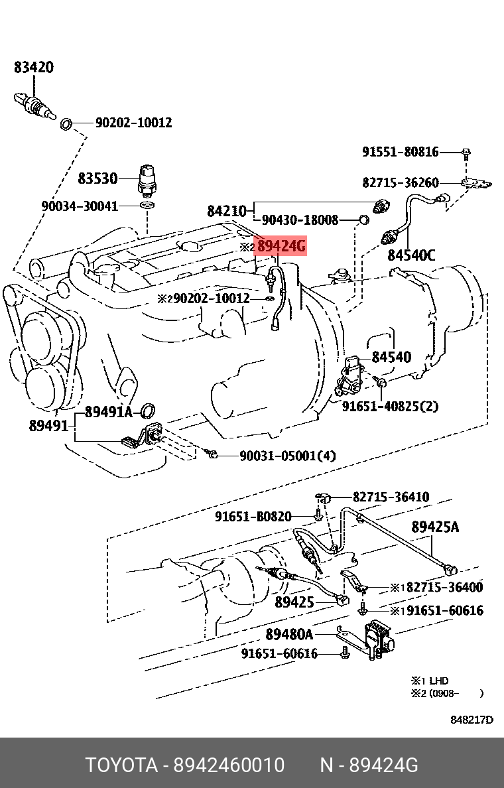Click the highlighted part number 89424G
pyautogui.click(x=281, y=247)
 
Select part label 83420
pyautogui.click(x=34, y=67)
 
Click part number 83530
pyautogui.click(x=97, y=178)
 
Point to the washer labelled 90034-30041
pyautogui.click(x=149, y=206)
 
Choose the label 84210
pyautogui.click(x=226, y=212)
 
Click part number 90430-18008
pyautogui.click(x=300, y=220)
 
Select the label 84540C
pyautogui.click(x=411, y=255)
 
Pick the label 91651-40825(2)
pyautogui.click(x=390, y=406)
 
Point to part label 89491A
pyautogui.click(x=109, y=413)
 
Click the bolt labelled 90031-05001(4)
pyautogui.click(x=212, y=454)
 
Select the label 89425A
pyautogui.click(x=435, y=527)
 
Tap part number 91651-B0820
pyautogui.click(x=253, y=516)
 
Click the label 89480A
pyautogui.click(x=289, y=635)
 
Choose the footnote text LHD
pyautogui.click(x=438, y=681)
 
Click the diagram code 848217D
pyautogui.click(x=472, y=720)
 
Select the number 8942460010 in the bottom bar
pyautogui.click(x=229, y=765)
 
